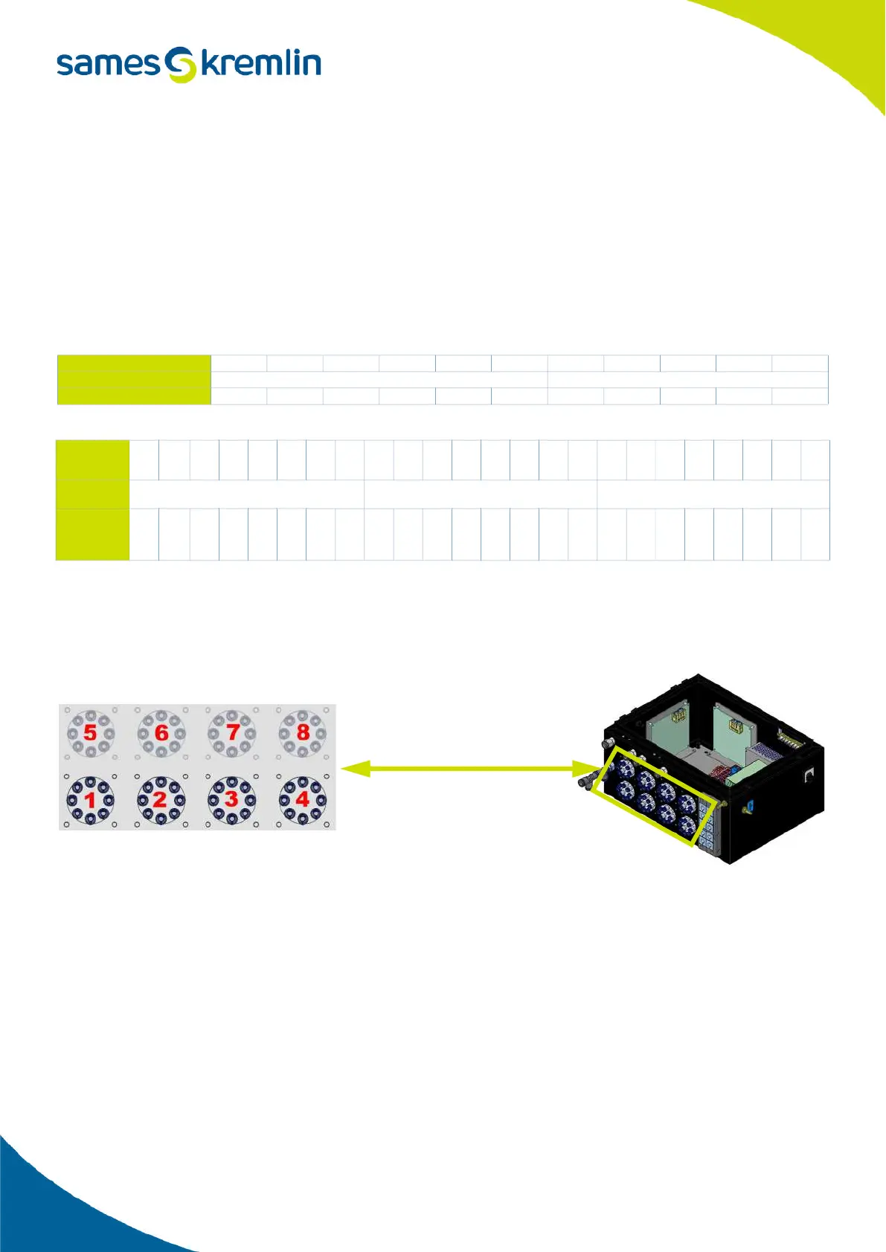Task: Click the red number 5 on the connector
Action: (90, 732)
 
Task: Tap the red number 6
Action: (161, 732)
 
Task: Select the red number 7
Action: (232, 732)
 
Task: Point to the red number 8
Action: (303, 732)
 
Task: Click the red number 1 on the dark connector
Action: (90, 800)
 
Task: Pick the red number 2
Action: (160, 800)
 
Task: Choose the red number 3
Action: (231, 799)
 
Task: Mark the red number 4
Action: (302, 799)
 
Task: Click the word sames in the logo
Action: (108, 64)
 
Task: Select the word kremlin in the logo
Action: (261, 64)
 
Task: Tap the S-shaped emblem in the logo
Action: (180, 65)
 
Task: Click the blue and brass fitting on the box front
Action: (749, 806)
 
